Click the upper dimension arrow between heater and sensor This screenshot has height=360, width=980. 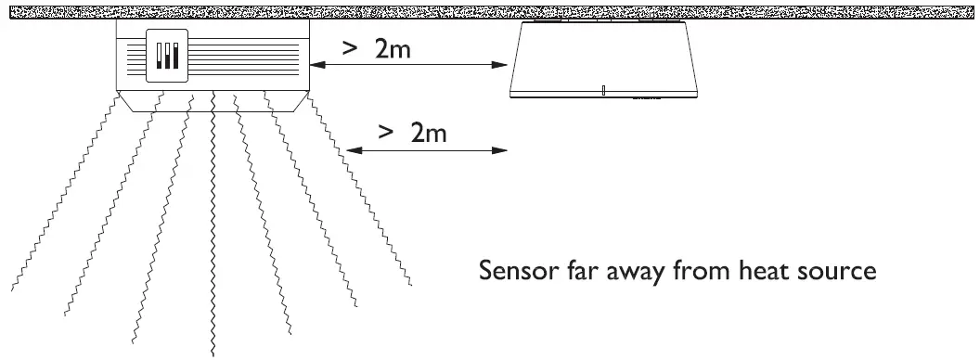pyautogui.click(x=408, y=65)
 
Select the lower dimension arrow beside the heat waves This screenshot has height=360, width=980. pyautogui.click(x=427, y=149)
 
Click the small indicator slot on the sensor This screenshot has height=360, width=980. pyautogui.click(x=603, y=90)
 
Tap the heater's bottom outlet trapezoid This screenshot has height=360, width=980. pyautogui.click(x=213, y=101)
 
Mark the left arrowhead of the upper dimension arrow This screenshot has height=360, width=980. pyautogui.click(x=314, y=65)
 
